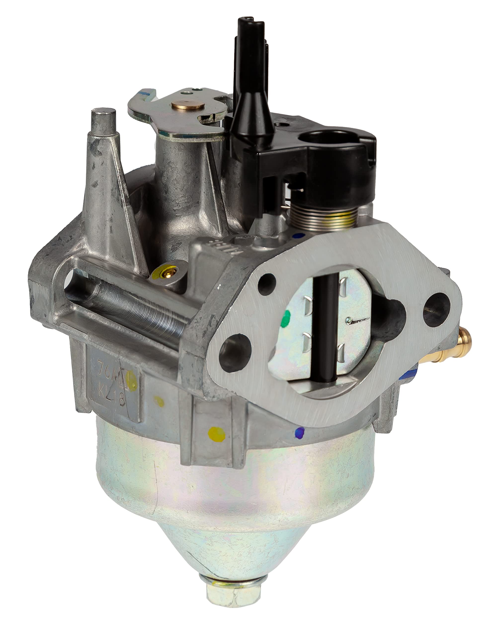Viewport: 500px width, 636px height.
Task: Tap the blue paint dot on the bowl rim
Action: tap(300, 432)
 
